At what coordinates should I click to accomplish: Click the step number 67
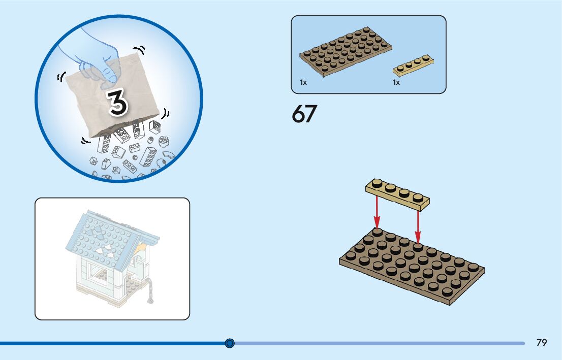point(304,114)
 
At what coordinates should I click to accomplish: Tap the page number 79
point(542,343)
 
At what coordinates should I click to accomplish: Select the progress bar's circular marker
point(230,343)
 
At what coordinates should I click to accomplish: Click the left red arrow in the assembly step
point(377,212)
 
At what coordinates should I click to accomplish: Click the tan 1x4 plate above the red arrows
point(397,193)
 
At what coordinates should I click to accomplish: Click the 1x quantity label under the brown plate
point(303,82)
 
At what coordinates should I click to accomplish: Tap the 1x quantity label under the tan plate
point(396,82)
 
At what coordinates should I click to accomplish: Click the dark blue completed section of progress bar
point(112,343)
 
